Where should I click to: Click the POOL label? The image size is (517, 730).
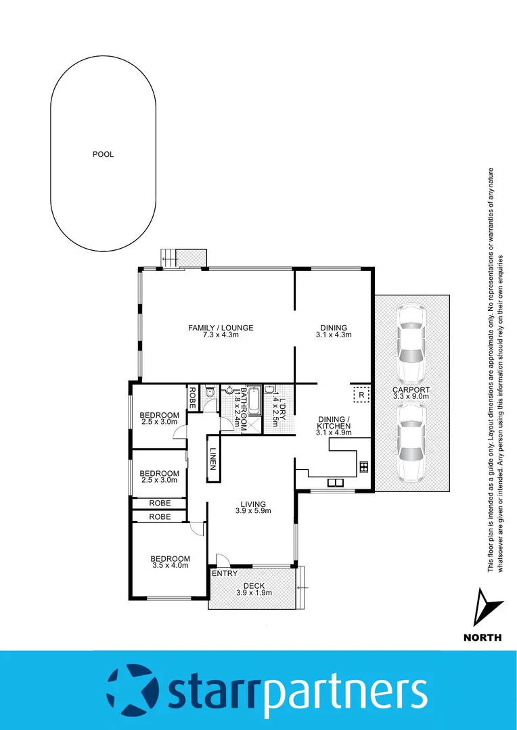(103, 154)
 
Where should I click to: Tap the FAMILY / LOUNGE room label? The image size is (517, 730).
(221, 328)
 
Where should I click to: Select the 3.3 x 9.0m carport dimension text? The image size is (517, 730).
(411, 397)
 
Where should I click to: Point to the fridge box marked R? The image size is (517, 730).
(361, 394)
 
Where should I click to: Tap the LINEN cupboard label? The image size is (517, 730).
(213, 460)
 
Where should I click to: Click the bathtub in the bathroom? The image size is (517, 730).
(254, 404)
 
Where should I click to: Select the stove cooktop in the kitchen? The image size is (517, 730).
(363, 466)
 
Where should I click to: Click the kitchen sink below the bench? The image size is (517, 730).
(334, 483)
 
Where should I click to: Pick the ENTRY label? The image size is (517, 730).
(225, 574)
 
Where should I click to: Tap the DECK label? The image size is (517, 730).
(254, 586)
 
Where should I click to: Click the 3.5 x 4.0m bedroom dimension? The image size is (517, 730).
(170, 566)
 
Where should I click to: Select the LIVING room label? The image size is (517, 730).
(252, 504)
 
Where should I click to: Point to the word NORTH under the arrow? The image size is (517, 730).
(482, 637)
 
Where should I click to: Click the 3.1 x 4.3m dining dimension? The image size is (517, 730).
(334, 335)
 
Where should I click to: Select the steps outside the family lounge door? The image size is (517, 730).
(168, 258)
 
